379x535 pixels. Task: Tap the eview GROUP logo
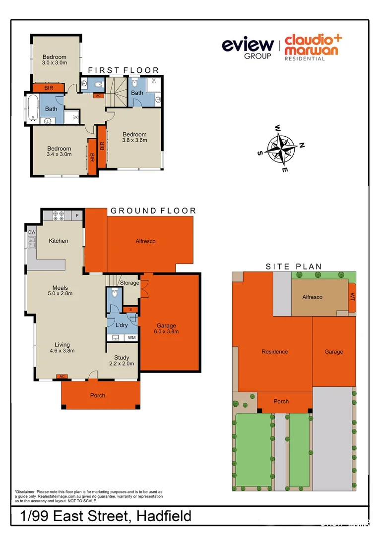pyautogui.click(x=248, y=48)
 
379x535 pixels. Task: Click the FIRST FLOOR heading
pyautogui.click(x=124, y=71)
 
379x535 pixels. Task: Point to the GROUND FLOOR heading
pyautogui.click(x=153, y=211)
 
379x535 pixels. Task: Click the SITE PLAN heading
pyautogui.click(x=294, y=267)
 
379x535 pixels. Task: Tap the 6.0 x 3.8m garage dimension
pyautogui.click(x=167, y=331)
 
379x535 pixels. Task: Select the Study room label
pyautogui.click(x=122, y=358)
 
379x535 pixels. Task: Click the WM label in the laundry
pyautogui.click(x=131, y=338)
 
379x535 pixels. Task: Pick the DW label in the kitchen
pyautogui.click(x=32, y=231)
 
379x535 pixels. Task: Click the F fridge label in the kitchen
pyautogui.click(x=77, y=216)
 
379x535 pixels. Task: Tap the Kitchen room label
pyautogui.click(x=59, y=241)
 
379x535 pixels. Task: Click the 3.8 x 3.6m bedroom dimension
pyautogui.click(x=135, y=140)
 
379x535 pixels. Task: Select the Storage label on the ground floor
pyautogui.click(x=129, y=283)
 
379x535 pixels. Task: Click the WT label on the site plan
pyautogui.click(x=353, y=298)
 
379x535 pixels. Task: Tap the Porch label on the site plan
pyautogui.click(x=281, y=401)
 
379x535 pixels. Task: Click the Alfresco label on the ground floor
pyautogui.click(x=146, y=241)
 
